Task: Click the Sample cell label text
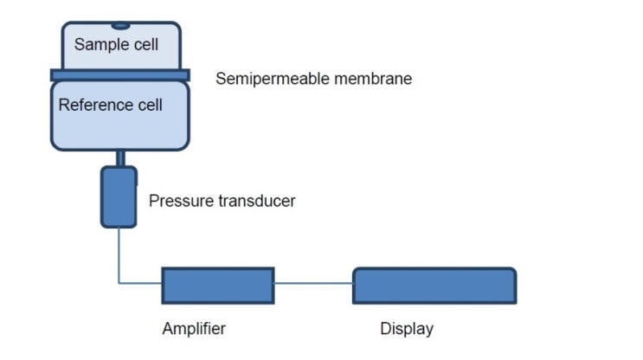(116, 43)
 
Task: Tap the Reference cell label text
(111, 106)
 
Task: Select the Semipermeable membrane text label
(313, 79)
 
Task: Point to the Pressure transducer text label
(222, 201)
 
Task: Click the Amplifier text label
(194, 329)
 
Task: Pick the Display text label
(407, 329)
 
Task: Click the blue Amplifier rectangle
(217, 286)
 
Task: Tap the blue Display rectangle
(434, 286)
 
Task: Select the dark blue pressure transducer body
(119, 197)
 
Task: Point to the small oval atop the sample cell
(119, 26)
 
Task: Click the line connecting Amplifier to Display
(313, 283)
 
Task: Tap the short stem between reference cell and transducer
(119, 157)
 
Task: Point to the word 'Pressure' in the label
(180, 201)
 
